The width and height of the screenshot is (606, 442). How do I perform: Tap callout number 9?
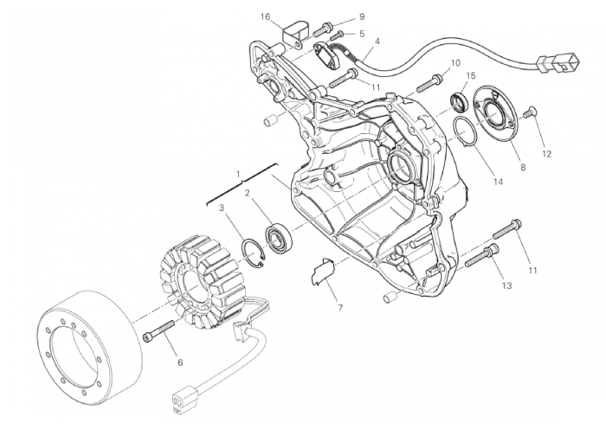coord(362,16)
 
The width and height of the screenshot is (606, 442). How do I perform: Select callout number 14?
coord(499,182)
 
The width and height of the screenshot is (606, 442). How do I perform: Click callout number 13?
coord(506,285)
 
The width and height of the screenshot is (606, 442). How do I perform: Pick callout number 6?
coord(180,362)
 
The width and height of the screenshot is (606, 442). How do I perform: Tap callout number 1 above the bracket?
coord(238,173)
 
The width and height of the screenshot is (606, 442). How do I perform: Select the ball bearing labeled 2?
coord(279,239)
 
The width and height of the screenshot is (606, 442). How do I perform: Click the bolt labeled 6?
coord(159,330)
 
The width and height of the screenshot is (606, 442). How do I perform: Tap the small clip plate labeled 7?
coord(322,272)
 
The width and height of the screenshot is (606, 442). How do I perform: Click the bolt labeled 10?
coord(431,82)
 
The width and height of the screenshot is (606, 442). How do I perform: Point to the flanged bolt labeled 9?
coord(322,29)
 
